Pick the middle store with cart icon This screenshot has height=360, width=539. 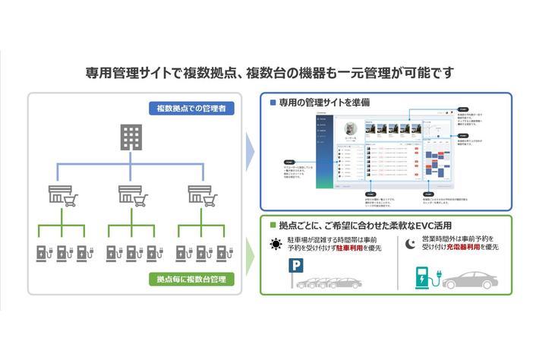(x=132, y=194)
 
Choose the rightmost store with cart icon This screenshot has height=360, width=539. (x=201, y=194)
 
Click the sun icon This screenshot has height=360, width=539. (x=275, y=244)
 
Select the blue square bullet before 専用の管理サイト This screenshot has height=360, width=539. (x=273, y=101)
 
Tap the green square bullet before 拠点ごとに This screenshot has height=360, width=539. (x=273, y=226)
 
